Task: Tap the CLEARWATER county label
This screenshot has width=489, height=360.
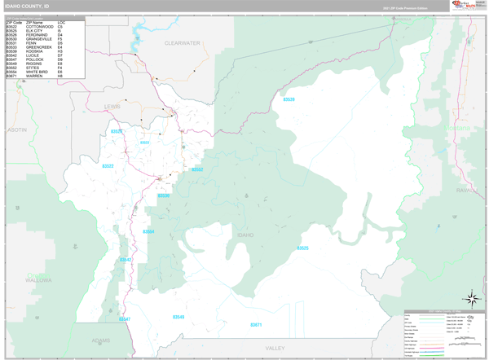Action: pos(182,42)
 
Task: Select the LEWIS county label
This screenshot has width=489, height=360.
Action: pos(112,106)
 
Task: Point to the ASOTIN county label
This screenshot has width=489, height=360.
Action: pos(16,130)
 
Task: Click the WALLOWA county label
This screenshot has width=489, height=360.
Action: pos(37,278)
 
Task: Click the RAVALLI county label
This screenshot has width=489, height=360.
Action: pos(465,190)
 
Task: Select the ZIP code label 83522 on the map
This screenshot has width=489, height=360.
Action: pos(108,165)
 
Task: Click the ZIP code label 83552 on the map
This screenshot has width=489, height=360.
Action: pos(197,169)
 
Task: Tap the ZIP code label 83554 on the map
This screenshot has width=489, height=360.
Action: pos(149,231)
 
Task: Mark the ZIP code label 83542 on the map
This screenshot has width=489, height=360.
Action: pos(126,260)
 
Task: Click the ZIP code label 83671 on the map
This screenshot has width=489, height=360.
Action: pos(256,324)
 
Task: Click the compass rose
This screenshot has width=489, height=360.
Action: pos(471,298)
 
